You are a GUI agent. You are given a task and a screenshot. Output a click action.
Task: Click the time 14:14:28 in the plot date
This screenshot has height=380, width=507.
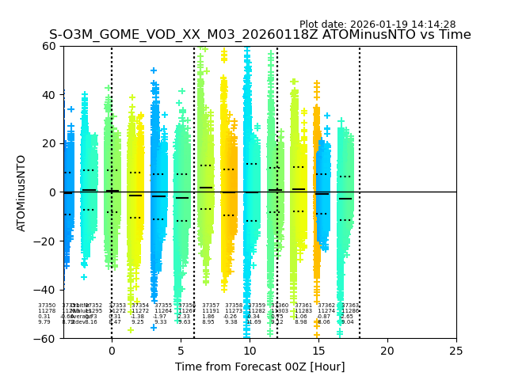tap(433, 25)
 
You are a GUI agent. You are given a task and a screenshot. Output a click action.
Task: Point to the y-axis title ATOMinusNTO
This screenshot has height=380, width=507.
tap(21, 192)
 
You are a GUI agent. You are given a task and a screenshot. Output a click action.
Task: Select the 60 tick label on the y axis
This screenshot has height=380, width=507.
tap(49, 46)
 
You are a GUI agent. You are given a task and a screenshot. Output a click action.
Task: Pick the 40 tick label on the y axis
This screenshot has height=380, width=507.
tap(49, 95)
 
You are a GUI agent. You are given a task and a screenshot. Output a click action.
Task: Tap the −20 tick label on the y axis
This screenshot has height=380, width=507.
tap(46, 241)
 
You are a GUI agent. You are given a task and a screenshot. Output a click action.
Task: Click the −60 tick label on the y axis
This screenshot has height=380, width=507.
tap(46, 338)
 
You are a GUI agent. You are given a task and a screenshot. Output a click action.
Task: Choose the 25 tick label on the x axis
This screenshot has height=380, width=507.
tap(456, 350)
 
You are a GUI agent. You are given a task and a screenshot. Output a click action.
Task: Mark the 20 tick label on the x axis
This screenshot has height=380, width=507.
tap(387, 350)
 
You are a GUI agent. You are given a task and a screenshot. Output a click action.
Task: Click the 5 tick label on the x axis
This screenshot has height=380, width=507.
tap(181, 350)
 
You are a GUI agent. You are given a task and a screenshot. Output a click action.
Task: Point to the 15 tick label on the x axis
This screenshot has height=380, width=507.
tap(318, 350)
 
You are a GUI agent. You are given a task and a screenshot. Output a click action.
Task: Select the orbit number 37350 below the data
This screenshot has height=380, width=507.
tap(47, 306)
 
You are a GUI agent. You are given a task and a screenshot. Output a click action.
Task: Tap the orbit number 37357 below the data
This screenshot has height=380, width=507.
tap(211, 306)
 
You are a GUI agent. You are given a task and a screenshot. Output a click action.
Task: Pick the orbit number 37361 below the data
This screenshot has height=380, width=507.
tap(303, 306)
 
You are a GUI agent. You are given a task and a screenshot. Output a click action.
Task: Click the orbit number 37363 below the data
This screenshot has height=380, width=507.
tap(350, 306)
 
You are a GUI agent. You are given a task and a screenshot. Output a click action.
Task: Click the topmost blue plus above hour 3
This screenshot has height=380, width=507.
tap(154, 70)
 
